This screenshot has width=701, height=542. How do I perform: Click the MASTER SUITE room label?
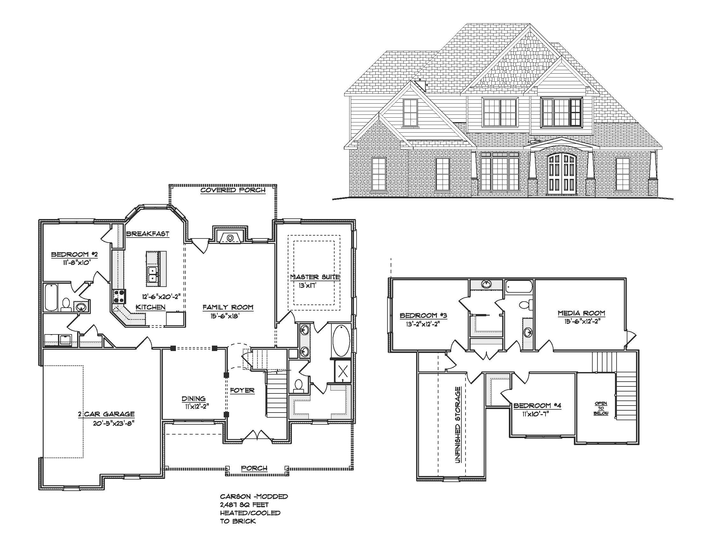click(315, 277)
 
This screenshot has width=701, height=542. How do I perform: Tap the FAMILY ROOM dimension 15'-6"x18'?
click(225, 316)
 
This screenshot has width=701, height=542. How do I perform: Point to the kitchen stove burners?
click(119, 297)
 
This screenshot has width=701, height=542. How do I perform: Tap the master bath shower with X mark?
click(343, 371)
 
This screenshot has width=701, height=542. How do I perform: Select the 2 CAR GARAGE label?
click(106, 414)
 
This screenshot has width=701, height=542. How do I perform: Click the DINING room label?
click(193, 399)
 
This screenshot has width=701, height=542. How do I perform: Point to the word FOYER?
click(242, 391)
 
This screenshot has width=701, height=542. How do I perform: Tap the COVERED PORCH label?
click(233, 190)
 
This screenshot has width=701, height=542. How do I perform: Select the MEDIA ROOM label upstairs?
click(581, 313)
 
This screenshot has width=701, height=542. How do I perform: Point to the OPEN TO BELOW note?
click(601, 408)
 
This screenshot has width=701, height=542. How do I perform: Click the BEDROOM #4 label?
click(537, 406)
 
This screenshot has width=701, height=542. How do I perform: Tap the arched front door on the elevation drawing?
click(561, 174)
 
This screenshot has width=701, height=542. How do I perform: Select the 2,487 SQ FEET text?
click(244, 505)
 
